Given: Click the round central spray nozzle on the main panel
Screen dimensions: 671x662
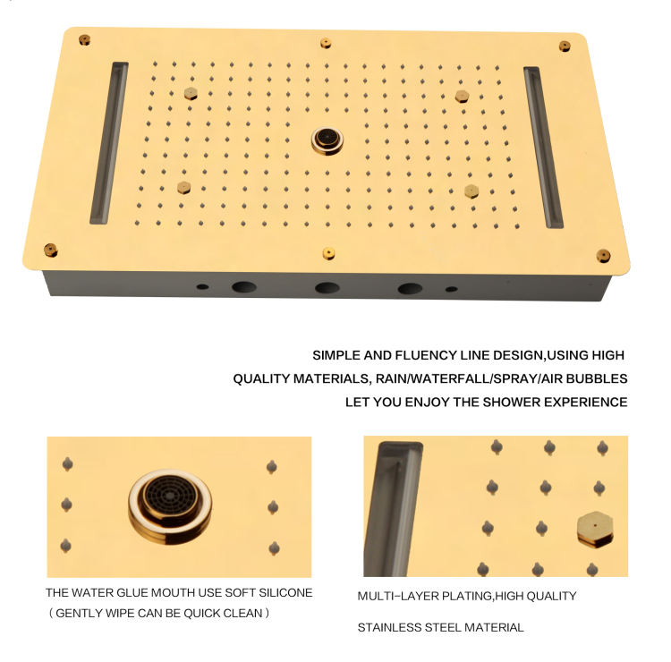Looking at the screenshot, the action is (x=327, y=140).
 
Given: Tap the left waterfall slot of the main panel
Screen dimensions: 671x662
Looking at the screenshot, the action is (x=109, y=143).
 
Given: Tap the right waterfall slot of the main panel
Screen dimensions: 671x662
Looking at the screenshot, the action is (x=543, y=147).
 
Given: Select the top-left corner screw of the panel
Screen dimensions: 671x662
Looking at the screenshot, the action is (x=85, y=40).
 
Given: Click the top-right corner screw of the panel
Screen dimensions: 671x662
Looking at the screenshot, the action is (x=565, y=47).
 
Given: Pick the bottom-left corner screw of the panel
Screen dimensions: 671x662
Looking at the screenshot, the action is (x=50, y=250).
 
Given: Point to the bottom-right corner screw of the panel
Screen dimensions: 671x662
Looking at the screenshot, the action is (x=603, y=256).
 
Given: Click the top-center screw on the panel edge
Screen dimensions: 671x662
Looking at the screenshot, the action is (x=326, y=43).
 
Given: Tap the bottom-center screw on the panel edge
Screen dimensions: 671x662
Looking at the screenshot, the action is (x=328, y=253).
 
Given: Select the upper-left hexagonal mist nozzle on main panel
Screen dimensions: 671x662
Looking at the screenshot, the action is (x=191, y=93).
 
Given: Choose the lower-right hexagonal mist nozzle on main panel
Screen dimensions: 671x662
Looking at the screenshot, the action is (x=471, y=191).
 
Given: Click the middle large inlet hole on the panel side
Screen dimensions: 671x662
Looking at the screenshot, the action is (x=327, y=288).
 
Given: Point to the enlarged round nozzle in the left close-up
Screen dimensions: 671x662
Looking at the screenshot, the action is (x=170, y=506).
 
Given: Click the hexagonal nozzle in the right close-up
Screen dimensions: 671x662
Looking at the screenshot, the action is (x=595, y=530).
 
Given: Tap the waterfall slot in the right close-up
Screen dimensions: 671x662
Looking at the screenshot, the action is (x=393, y=509).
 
